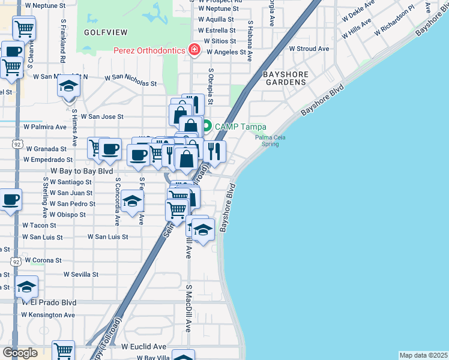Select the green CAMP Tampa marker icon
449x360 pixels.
[206, 126]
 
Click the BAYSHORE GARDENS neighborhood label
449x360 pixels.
[286, 79]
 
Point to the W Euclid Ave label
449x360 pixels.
[143, 346]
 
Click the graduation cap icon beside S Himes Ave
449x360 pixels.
[69, 86]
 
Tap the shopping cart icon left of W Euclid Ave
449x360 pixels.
[63, 350]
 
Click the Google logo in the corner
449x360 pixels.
[20, 352]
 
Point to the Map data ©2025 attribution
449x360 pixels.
[423, 355]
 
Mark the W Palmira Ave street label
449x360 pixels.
[44, 127]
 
